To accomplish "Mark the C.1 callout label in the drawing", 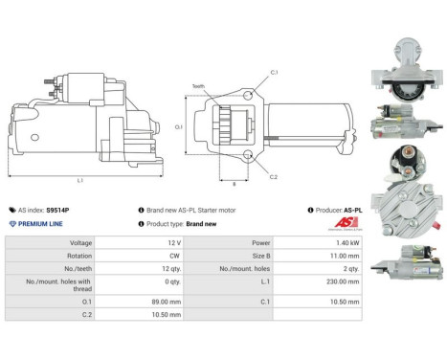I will pyautogui.click(x=274, y=73).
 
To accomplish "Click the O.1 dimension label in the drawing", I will pyautogui.click(x=178, y=125).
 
